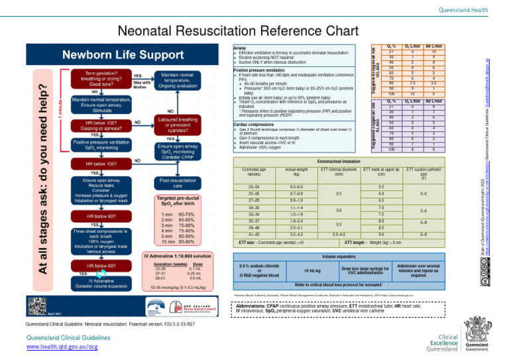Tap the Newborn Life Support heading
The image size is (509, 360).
(124, 53)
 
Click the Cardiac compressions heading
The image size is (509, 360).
(253, 124)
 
